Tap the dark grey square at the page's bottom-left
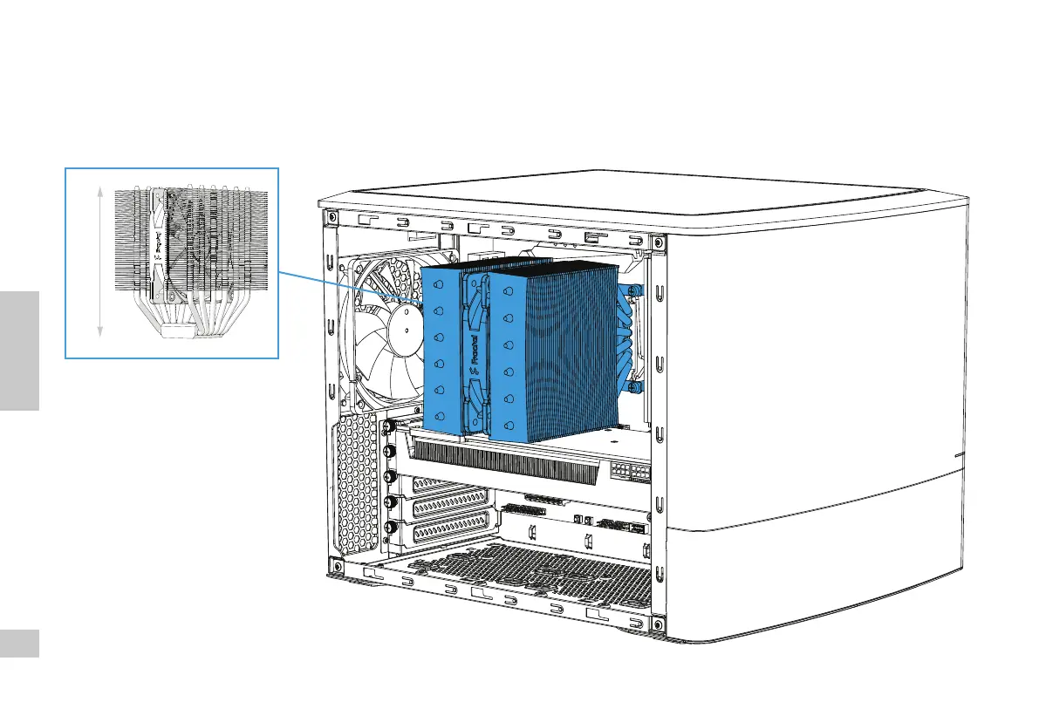click(x=19, y=644)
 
